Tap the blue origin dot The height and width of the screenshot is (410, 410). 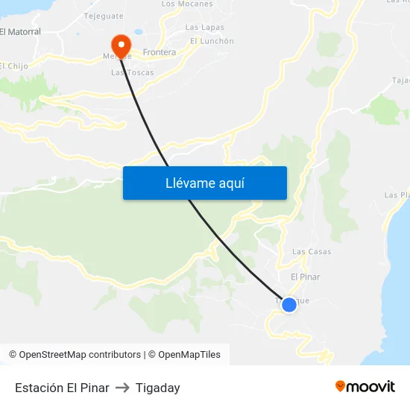point(289,304)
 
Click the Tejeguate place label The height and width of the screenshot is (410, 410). point(104,15)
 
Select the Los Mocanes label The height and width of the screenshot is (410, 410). point(187,4)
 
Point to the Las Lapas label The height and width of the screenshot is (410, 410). point(204,28)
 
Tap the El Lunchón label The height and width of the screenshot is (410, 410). point(212,41)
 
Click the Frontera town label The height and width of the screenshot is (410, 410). point(159,52)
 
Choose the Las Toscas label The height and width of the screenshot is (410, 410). point(133,72)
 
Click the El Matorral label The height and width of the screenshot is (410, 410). point(20,32)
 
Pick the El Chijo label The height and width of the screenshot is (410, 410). point(14,66)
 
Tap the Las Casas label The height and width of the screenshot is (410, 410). point(312,252)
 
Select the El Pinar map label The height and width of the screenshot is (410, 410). point(305,277)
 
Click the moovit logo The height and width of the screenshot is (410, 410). point(365,386)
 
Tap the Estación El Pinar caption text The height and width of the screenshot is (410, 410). point(62,388)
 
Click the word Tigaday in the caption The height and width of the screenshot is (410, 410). point(157,388)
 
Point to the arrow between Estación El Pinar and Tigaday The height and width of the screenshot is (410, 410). point(122,388)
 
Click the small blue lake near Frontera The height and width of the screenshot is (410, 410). point(138,34)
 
